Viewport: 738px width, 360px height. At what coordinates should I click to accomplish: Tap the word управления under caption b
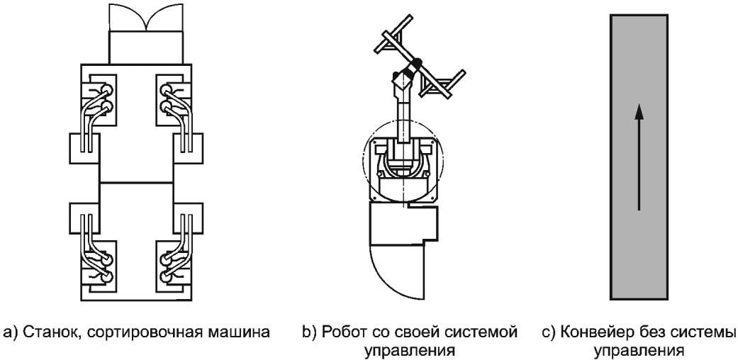click(409, 351)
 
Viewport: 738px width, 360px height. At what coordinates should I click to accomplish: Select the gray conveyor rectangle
click(639, 157)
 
